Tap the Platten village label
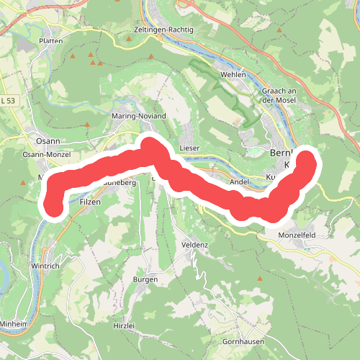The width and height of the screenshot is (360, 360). (52, 41)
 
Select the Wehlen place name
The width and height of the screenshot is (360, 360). (234, 74)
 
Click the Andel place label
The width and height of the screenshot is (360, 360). (238, 182)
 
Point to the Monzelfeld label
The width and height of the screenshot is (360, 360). (297, 235)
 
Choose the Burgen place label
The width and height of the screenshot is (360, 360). (145, 279)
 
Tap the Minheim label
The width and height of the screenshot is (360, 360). (14, 325)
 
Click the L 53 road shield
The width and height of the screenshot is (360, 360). (9, 101)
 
